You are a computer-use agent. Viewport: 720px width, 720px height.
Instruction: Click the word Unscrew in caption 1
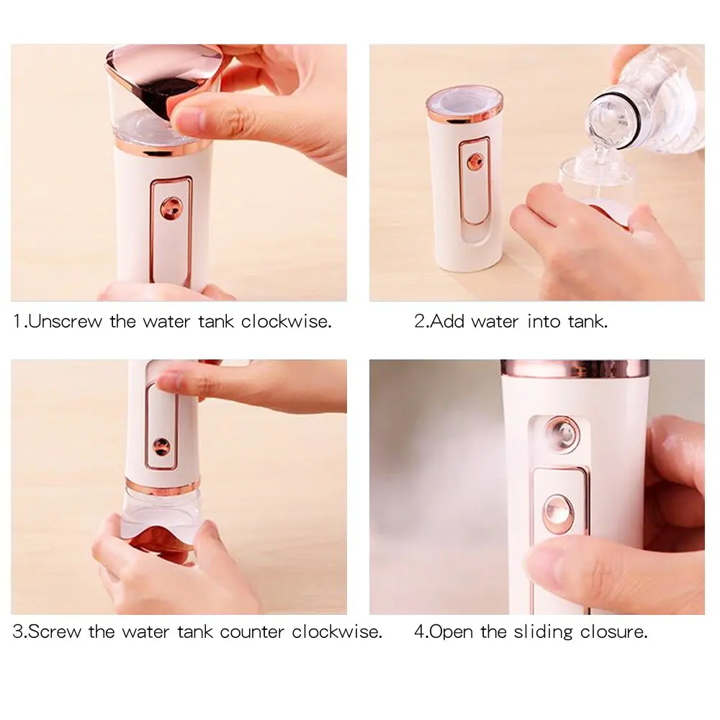point(66,321)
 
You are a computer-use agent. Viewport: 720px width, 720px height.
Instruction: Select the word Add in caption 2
point(449,321)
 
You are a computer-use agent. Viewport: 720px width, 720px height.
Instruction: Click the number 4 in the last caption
point(419,632)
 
